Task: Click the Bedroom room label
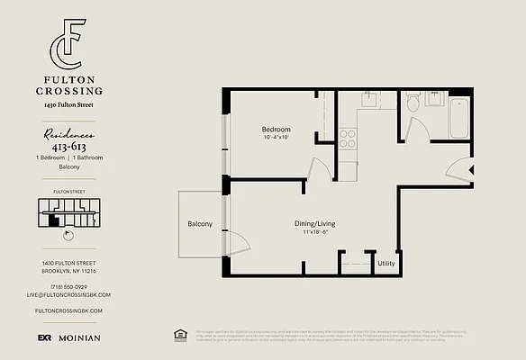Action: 277,130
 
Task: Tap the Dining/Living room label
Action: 314,223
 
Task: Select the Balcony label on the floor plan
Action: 200,224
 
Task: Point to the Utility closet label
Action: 386,264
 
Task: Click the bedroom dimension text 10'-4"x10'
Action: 277,138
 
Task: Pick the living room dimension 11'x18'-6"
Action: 314,232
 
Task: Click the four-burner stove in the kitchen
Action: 349,139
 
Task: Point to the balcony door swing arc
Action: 236,241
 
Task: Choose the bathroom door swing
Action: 415,129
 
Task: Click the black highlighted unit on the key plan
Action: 55,218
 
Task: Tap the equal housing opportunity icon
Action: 178,336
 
